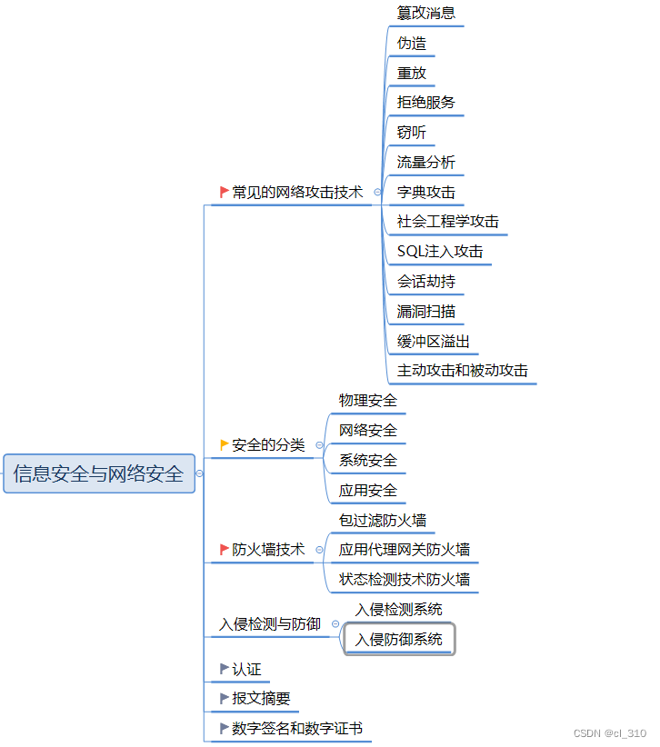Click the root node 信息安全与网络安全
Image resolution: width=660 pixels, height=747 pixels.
[99, 473]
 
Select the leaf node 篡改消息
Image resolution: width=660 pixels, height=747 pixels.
[425, 13]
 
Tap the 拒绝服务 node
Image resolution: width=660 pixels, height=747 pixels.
[425, 103]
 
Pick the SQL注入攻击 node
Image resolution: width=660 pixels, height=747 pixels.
[440, 252]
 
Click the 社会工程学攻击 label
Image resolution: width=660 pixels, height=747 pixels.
[447, 222]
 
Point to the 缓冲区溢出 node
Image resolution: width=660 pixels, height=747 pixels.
[433, 342]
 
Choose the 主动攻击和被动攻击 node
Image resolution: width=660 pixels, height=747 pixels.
[462, 371]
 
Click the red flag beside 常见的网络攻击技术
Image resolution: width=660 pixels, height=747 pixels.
[225, 192]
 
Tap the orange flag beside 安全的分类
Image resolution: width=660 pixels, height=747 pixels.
[225, 444]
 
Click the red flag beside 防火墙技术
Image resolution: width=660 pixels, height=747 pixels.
[225, 549]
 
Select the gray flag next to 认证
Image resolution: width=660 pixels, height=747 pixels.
[225, 669]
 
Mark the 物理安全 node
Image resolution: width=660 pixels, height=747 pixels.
[367, 401]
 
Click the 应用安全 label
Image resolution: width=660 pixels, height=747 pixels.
[367, 491]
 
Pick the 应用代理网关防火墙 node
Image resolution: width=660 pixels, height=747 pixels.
[404, 550]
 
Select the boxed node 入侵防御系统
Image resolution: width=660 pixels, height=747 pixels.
[398, 640]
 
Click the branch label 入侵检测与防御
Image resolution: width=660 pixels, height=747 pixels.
[270, 624]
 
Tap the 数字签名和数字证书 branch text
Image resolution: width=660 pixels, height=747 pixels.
[296, 729]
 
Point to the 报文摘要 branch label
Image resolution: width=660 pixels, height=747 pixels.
[261, 699]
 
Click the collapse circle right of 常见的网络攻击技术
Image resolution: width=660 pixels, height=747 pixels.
[377, 193]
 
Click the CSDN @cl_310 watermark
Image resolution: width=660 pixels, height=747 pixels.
[610, 732]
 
